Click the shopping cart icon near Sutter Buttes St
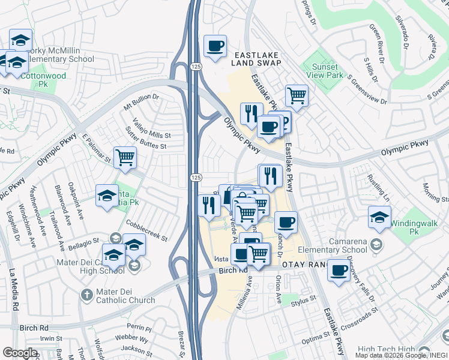pyautogui.click(x=125, y=157)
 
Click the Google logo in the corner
pyautogui.click(x=20, y=352)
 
